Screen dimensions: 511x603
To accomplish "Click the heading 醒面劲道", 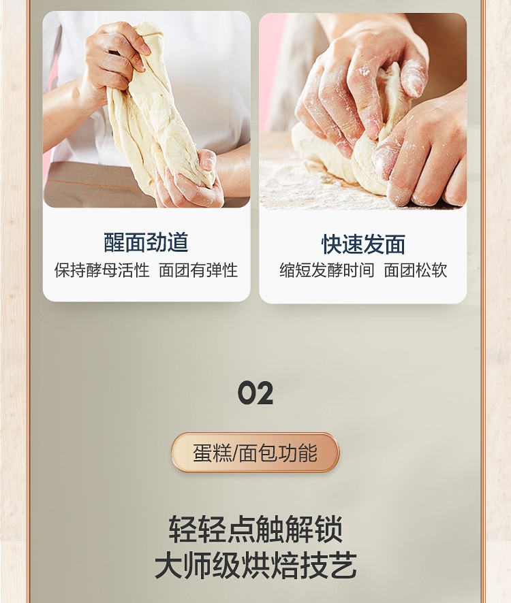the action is [x=146, y=242].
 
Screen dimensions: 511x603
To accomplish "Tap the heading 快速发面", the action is [x=363, y=244].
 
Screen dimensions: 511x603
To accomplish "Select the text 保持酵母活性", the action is [x=102, y=270].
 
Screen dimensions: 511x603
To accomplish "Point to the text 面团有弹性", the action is [x=198, y=270].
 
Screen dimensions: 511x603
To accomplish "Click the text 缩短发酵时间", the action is [x=326, y=270].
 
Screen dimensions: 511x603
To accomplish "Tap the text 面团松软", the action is [x=416, y=270].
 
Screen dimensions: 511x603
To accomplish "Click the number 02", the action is [x=255, y=393].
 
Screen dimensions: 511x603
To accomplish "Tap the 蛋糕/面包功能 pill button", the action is [x=255, y=453].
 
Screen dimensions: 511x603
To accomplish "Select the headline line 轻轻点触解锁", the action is [x=255, y=529].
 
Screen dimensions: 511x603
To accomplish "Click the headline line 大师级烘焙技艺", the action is [x=255, y=566].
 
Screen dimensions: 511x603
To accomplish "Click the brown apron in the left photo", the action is [x=96, y=184].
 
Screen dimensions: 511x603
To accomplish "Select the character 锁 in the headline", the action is [x=328, y=529].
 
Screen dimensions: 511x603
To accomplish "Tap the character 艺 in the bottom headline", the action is [x=343, y=566].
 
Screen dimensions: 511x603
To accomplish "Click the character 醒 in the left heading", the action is [x=114, y=242].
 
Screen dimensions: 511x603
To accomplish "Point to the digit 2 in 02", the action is [x=264, y=393].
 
